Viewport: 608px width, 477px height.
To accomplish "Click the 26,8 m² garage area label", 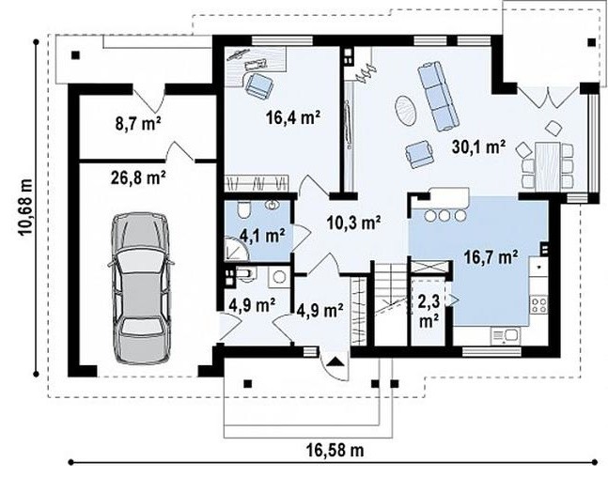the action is pos(139,177).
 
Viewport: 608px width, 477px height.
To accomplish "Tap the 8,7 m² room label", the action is pos(138,123).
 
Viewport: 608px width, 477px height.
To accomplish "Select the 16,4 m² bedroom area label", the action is pos(293,116).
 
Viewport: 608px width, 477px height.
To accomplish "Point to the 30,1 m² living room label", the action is pos(478,146).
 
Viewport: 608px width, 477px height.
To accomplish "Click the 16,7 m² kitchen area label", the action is pos(491,257).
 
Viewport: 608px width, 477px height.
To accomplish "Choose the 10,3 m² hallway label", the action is pos(353,223).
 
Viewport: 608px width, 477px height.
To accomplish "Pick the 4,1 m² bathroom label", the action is pos(262,235).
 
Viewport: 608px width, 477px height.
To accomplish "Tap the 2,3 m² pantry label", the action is pos(429,310).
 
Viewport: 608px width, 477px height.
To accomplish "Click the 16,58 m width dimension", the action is pos(335,451).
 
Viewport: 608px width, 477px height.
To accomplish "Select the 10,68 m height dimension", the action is pos(25,207).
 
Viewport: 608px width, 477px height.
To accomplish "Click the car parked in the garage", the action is pos(141,288).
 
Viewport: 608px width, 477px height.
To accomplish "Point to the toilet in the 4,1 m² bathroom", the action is pos(244,210).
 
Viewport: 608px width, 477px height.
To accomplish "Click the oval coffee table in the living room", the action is pos(406,110).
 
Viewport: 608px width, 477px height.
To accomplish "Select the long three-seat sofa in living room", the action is pos(437,97).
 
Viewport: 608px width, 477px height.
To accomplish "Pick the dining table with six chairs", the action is pos(547,166).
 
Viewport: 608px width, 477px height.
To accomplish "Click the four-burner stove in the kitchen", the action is pos(538,303).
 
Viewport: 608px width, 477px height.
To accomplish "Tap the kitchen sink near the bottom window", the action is pos(506,335).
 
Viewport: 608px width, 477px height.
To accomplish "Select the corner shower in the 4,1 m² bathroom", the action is pos(237,248).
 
